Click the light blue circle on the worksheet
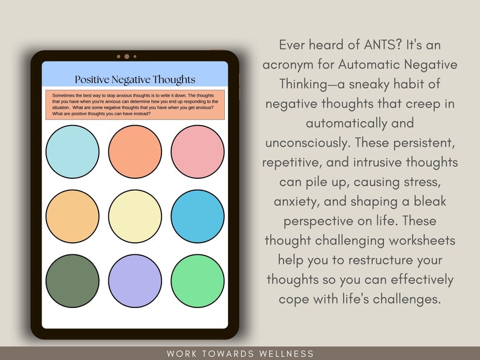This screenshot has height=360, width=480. [72, 152]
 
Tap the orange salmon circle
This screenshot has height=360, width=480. [135, 152]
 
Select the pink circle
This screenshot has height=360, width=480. [198, 152]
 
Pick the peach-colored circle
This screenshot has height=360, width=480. [72, 216]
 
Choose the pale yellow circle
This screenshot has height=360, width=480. [135, 216]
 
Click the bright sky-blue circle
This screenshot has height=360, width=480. [198, 216]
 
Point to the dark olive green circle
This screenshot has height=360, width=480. [72, 281]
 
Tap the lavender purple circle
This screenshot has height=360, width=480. [135, 281]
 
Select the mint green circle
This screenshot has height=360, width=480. [198, 281]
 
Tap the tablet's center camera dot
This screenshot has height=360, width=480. [126, 56]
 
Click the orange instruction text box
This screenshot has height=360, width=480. [135, 104]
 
